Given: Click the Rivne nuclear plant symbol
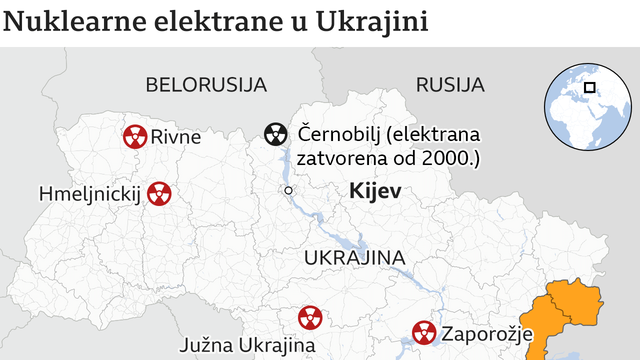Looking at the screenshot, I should click(135, 136).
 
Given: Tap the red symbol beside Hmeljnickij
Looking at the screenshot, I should click(159, 194).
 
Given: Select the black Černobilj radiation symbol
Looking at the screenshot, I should click(275, 134).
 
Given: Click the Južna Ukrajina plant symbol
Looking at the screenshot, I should click(310, 317).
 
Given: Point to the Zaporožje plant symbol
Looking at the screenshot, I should click(424, 332).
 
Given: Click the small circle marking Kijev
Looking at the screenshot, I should click(288, 190).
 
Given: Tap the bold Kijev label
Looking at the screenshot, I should click(375, 191).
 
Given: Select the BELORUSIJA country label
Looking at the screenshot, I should click(206, 85).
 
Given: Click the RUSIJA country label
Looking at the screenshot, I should click(450, 85).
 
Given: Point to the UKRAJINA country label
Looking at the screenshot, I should click(354, 257).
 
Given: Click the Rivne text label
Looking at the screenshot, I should click(175, 137).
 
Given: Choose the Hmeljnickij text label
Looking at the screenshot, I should click(90, 194).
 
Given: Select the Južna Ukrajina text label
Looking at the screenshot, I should click(247, 345).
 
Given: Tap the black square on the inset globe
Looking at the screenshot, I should click(589, 87).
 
